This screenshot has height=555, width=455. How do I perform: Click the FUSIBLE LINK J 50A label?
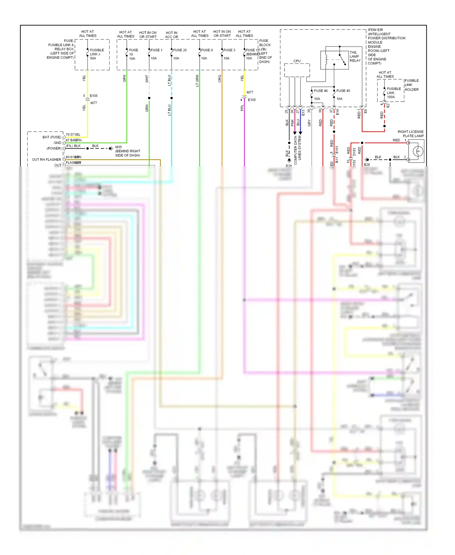(97, 54)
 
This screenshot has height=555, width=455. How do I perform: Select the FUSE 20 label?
(180, 50)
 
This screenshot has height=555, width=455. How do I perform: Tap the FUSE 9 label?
(207, 50)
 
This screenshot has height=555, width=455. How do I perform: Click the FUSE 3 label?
(229, 50)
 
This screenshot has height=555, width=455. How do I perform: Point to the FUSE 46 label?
(321, 91)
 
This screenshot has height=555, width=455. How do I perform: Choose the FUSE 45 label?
(343, 91)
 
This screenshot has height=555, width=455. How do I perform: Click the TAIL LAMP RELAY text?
(355, 56)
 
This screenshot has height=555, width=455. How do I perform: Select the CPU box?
(297, 70)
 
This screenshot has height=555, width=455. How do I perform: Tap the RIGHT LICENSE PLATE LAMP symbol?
(417, 151)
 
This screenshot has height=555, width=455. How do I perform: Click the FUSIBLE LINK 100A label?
(393, 93)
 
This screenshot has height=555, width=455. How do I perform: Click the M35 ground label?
(118, 147)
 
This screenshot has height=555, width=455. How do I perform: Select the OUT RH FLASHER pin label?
(46, 160)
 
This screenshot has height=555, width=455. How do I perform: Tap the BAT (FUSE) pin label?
(52, 137)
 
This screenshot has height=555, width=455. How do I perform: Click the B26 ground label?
(367, 165)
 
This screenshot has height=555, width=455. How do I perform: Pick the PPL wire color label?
(242, 108)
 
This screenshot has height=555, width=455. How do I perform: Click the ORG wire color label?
(220, 79)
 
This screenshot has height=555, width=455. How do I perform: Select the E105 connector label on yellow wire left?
(93, 96)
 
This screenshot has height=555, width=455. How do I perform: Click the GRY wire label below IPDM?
(309, 123)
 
